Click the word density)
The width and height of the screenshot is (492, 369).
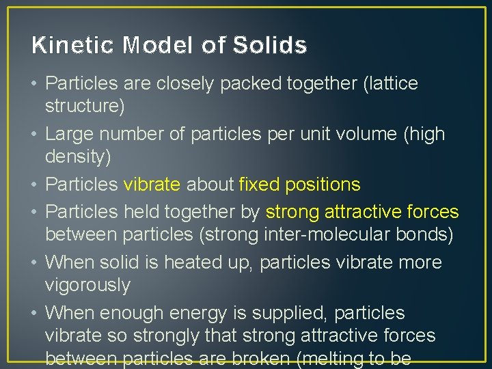(77, 157)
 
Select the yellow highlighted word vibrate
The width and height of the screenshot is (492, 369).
(152, 185)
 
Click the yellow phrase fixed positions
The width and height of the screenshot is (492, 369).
(299, 185)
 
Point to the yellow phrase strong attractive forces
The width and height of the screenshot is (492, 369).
(362, 213)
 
